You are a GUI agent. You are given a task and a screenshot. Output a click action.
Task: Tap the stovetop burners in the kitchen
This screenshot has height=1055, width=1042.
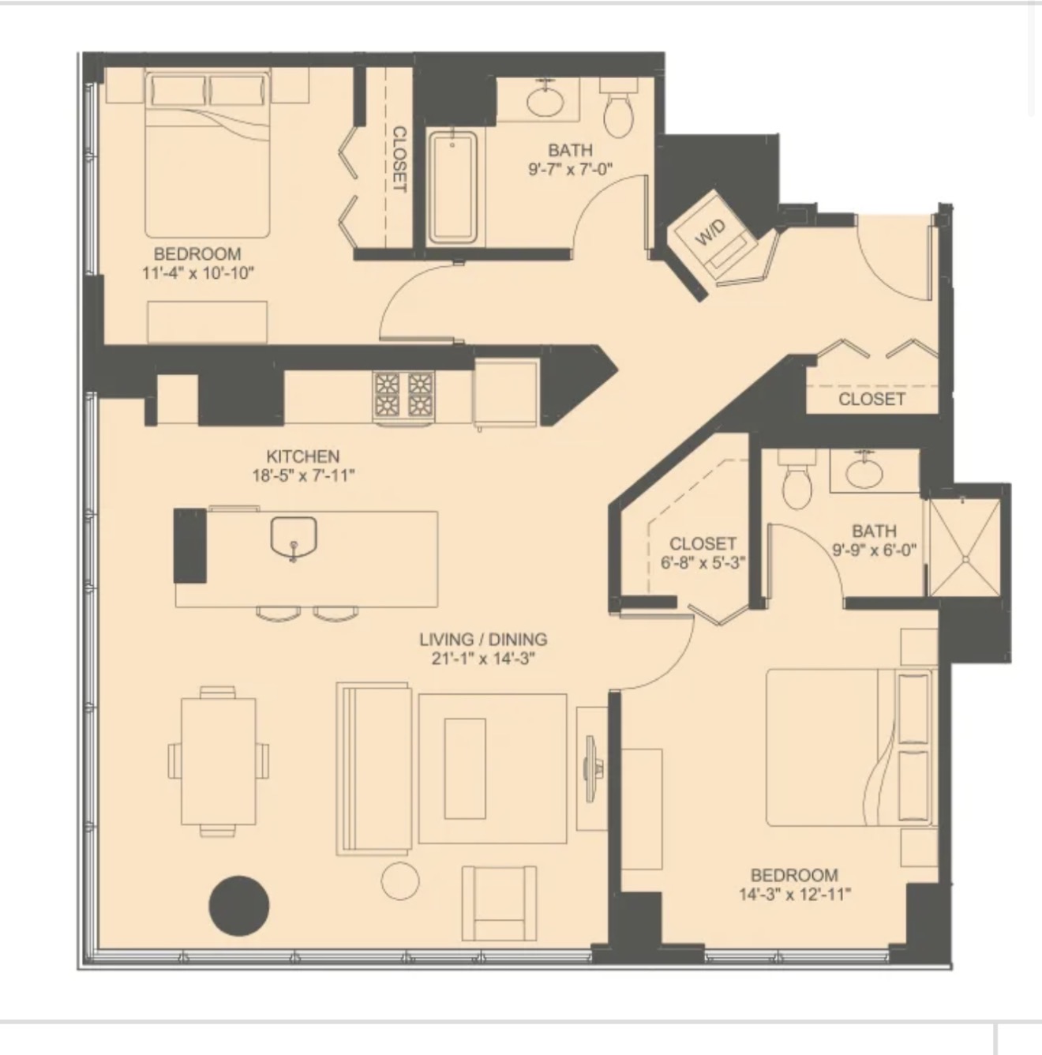click(403, 396)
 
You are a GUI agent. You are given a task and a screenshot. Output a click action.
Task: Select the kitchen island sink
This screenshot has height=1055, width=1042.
click(294, 539)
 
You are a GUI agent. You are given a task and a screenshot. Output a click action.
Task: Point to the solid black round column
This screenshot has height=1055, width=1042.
click(238, 905)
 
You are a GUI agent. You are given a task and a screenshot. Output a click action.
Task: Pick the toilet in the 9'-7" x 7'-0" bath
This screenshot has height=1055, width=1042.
click(619, 107)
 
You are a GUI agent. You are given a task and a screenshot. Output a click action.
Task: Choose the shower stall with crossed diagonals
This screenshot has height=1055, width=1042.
click(965, 547)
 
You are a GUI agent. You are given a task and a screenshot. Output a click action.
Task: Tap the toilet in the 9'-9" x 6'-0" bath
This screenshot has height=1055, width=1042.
click(796, 479)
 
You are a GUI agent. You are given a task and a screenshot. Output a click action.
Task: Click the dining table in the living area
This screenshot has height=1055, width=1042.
click(219, 761)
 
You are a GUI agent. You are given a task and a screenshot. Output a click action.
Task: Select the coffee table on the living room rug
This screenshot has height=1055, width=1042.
click(465, 768)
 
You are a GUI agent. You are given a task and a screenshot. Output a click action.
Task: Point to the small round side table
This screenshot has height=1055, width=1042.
click(400, 881)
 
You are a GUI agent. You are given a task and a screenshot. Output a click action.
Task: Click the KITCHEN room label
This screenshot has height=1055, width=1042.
click(303, 456)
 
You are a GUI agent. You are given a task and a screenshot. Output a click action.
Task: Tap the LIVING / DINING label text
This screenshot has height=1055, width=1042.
click(483, 640)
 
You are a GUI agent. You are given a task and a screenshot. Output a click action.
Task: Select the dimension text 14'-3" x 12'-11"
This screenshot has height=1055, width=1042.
click(795, 895)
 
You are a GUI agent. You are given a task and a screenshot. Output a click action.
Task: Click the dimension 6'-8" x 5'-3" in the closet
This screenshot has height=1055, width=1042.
click(703, 563)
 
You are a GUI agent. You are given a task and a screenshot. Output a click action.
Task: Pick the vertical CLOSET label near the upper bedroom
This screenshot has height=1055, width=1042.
click(399, 160)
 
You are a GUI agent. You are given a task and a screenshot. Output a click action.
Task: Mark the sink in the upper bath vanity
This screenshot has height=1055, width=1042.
click(545, 100)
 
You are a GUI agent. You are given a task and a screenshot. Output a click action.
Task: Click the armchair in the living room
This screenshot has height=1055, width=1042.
click(499, 903)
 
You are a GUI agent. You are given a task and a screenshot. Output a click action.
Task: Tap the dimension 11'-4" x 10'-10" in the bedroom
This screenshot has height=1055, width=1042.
click(198, 272)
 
